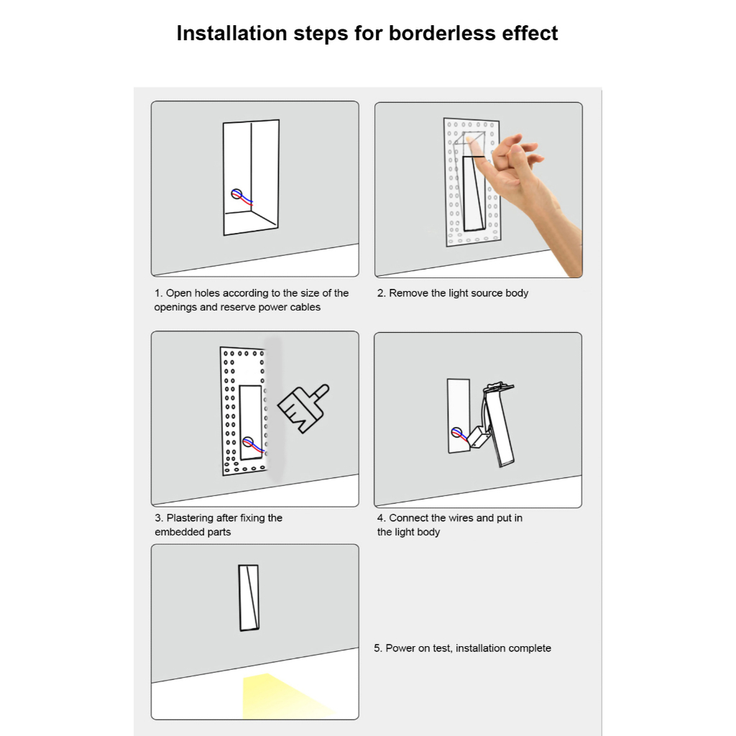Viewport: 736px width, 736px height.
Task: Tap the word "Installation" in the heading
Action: [232, 33]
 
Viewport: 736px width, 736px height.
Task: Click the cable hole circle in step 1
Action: [236, 194]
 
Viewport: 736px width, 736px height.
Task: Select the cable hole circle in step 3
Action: [248, 442]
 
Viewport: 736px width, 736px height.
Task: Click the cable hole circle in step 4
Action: [456, 432]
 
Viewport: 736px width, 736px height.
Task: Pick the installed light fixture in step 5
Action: [249, 597]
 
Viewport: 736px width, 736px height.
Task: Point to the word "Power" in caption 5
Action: [400, 648]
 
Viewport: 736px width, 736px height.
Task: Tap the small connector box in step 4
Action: [479, 437]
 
